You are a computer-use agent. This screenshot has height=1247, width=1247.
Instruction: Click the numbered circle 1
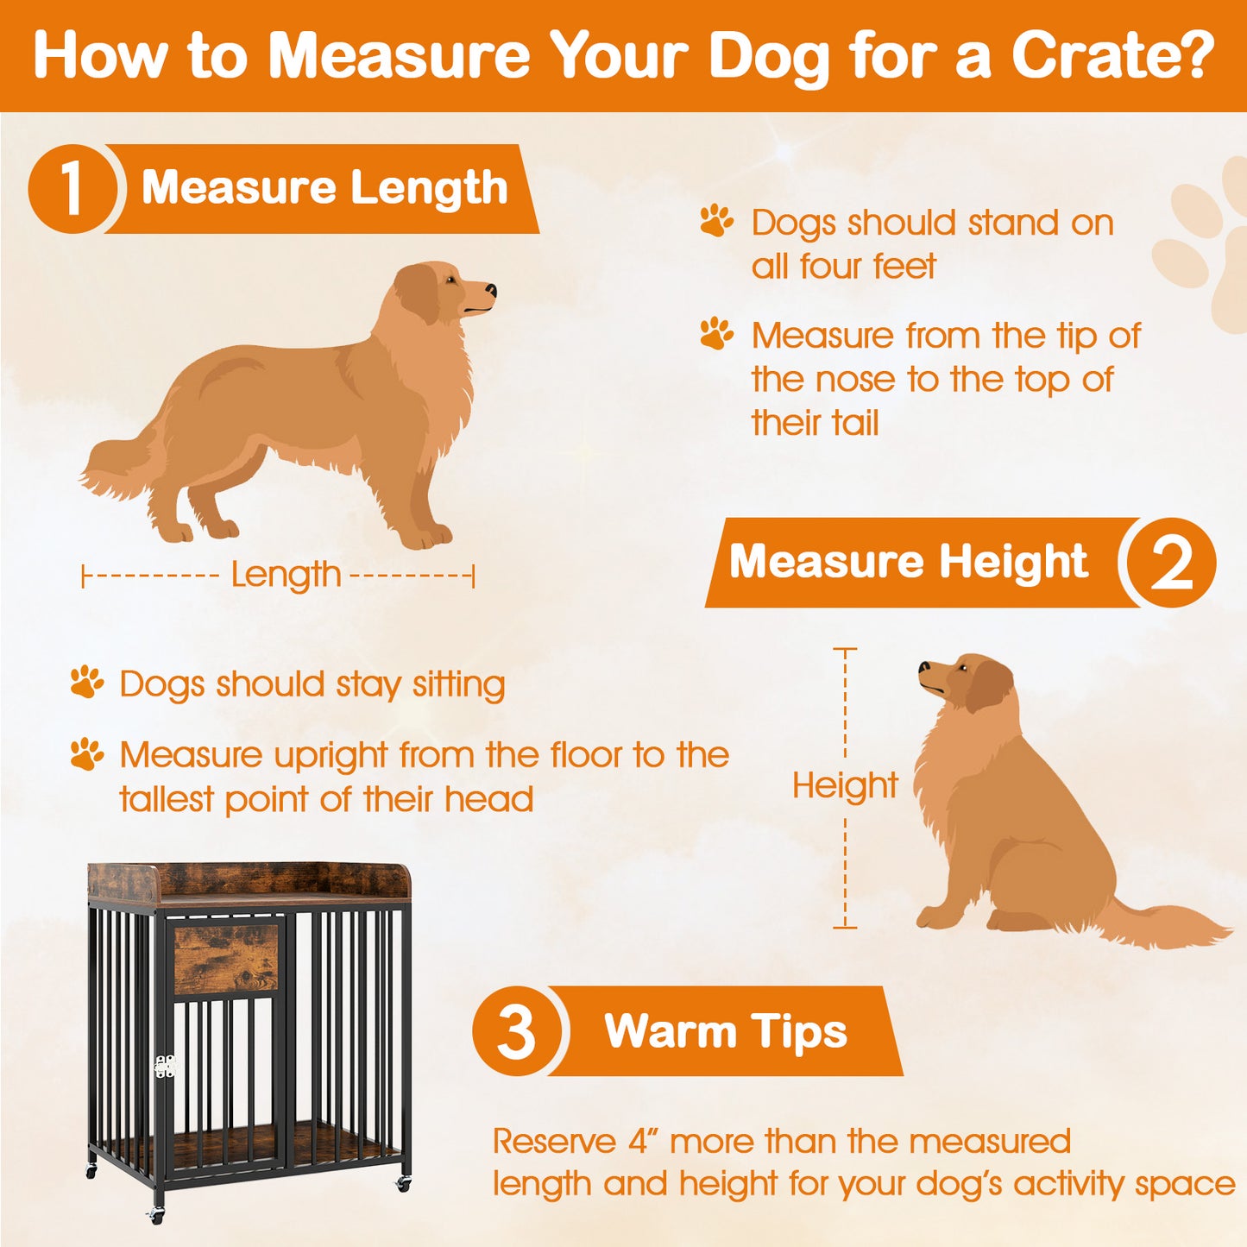72,189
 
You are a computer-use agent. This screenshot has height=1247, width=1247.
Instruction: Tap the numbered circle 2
1169,563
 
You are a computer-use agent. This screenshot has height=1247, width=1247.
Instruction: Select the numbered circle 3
517,1031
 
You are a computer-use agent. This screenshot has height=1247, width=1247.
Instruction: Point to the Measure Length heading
324,188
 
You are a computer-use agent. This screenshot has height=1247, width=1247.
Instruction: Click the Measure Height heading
908,562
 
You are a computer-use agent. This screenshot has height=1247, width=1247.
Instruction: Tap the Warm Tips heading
725,1031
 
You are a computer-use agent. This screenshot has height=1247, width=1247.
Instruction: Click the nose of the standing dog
490,290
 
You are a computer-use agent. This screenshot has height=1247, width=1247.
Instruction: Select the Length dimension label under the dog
286,575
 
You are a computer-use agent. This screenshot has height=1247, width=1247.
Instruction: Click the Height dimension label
845,786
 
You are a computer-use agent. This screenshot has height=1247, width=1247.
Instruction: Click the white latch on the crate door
164,1067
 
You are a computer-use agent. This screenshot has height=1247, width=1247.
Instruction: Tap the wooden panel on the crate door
226,958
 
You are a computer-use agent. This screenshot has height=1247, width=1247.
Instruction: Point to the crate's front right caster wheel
402,1184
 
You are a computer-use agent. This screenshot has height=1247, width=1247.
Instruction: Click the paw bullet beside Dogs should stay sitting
86,683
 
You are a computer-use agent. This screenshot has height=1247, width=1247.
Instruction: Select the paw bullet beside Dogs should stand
716,222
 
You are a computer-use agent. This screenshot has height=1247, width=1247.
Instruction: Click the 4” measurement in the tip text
643,1141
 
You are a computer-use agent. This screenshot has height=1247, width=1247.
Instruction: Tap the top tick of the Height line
845,649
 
